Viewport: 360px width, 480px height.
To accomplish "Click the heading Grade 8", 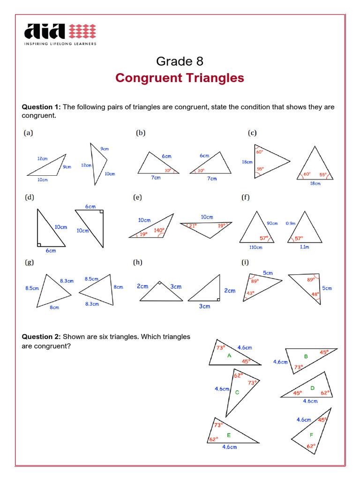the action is (x=180, y=61).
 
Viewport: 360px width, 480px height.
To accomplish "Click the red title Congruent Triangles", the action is (x=180, y=78).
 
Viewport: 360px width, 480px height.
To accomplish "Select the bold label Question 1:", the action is (x=41, y=107).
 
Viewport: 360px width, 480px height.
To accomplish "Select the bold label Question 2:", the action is (x=41, y=337).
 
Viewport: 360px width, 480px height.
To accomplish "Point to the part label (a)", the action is (x=29, y=133).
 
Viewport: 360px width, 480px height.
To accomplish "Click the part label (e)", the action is (x=137, y=198).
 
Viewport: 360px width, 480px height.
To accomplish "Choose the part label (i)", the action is (x=245, y=262).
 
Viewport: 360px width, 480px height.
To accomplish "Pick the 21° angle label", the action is (x=192, y=225).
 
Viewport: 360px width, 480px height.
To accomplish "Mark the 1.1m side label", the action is (x=304, y=247).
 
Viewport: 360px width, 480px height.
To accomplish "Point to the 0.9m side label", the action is (x=291, y=224).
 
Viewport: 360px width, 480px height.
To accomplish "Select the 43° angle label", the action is (x=250, y=293).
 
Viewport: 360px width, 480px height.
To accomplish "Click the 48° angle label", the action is (x=315, y=294).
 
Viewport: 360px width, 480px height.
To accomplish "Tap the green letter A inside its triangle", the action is (x=229, y=355).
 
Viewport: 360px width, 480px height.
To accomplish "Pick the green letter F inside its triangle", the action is (x=311, y=435).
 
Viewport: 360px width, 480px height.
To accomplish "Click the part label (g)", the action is (x=29, y=262).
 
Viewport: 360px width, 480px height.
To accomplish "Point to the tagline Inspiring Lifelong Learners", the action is (x=60, y=44).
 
